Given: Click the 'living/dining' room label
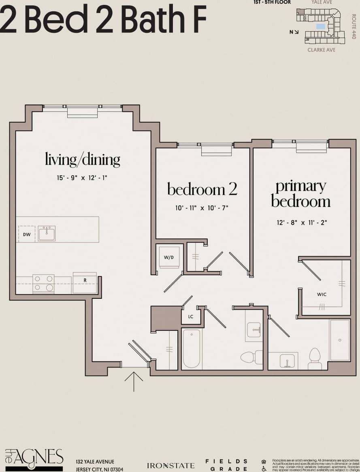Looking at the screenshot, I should [x=82, y=159].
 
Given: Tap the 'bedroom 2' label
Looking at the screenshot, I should [x=202, y=189].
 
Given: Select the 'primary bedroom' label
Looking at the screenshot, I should [x=301, y=194].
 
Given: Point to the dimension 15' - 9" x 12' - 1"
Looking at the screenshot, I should [x=82, y=178].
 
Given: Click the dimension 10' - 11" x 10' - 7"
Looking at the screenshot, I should [x=202, y=208].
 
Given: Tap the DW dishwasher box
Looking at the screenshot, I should [x=27, y=234].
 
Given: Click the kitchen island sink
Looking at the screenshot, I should [x=47, y=234].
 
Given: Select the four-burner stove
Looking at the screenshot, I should [x=43, y=283].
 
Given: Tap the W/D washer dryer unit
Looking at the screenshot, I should [x=169, y=257].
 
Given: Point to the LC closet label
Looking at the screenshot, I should [x=191, y=317].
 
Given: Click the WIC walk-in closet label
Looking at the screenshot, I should [x=322, y=294].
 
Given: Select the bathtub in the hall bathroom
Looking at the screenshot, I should [x=191, y=349].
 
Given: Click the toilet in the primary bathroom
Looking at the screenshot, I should [x=315, y=358].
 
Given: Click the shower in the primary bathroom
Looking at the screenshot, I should [x=339, y=340].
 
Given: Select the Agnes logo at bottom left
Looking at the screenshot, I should [x=34, y=459].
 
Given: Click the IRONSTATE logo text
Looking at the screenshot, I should [x=170, y=466].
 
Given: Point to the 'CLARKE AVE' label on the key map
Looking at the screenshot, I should [x=321, y=50].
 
